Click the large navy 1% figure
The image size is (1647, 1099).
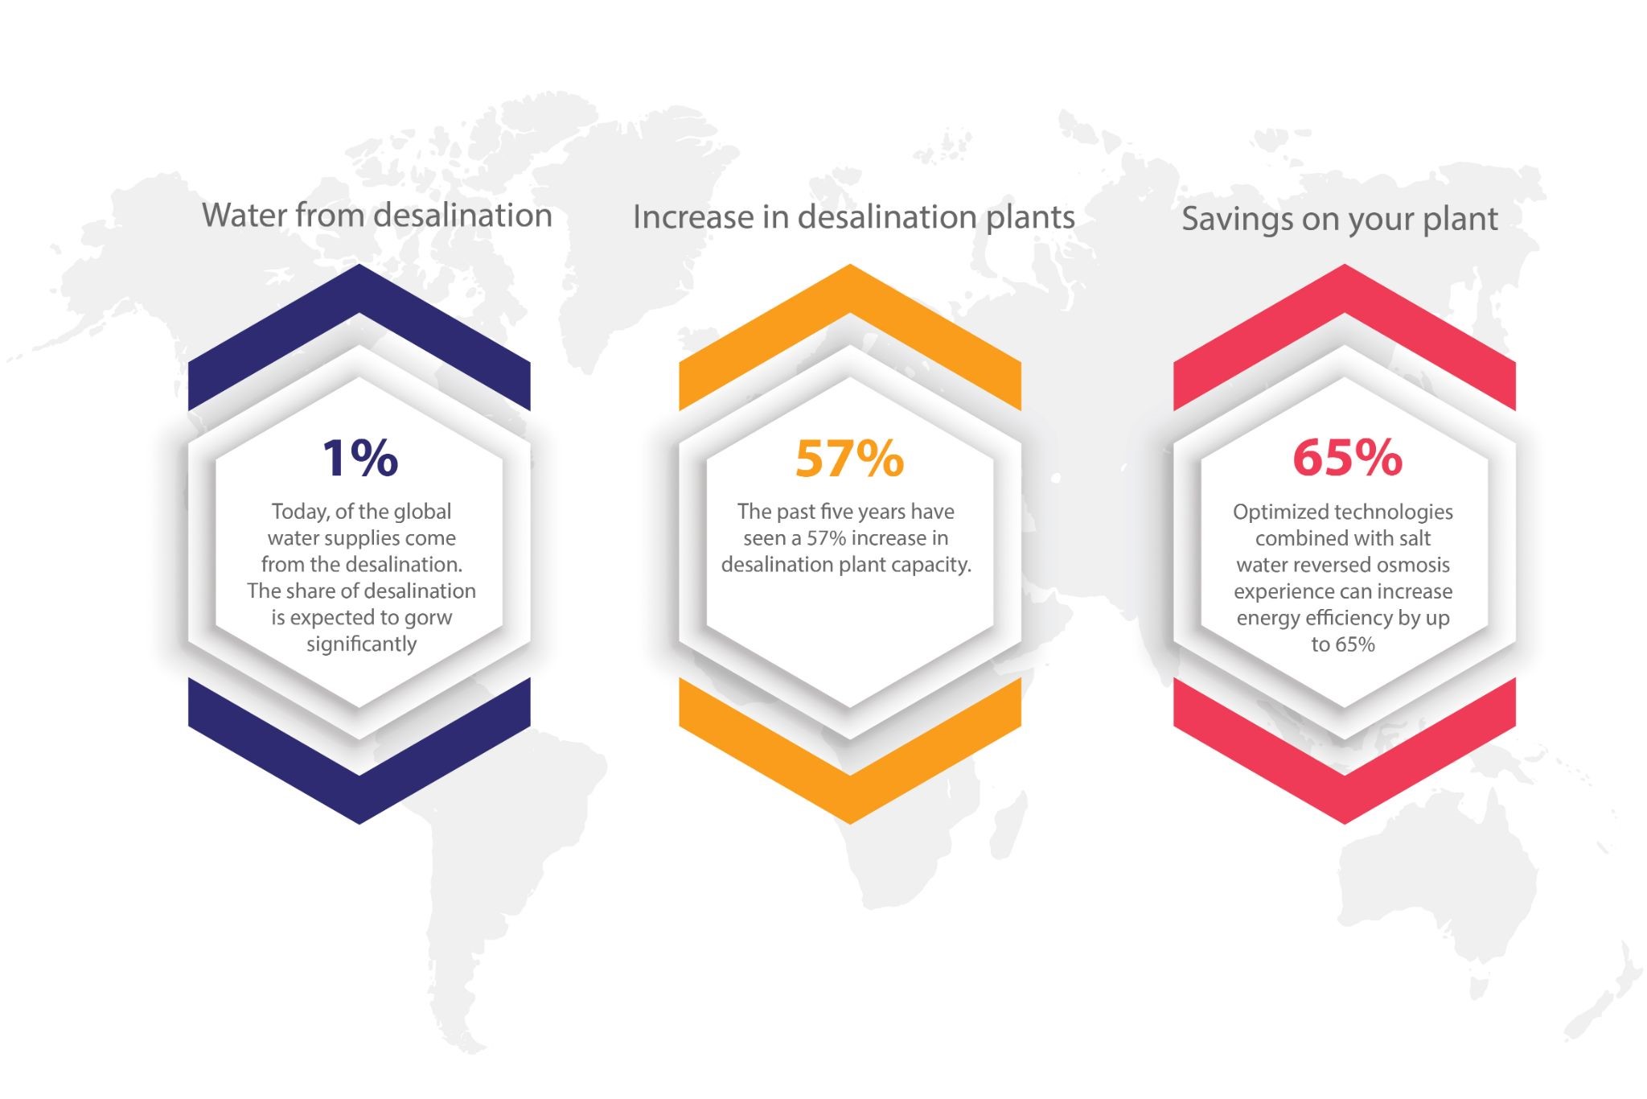coord(359,458)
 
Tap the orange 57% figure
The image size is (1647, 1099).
coord(849,459)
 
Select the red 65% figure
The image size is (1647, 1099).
coord(1347,458)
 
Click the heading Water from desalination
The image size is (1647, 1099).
coord(377,216)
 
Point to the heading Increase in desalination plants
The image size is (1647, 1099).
coord(854,217)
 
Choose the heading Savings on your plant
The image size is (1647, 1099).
coord(1340,219)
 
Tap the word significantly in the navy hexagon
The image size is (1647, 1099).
coord(361,644)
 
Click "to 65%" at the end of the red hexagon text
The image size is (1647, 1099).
coord(1343,644)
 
